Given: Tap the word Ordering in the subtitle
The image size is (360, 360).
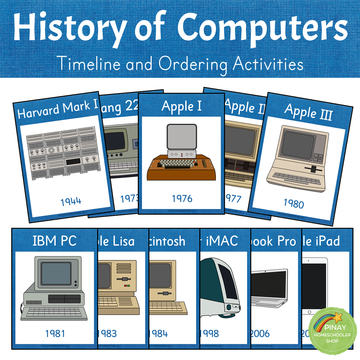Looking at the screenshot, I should pos(193,64).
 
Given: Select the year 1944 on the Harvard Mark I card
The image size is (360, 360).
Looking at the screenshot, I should pos(71,201).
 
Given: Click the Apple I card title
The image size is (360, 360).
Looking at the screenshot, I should pos(182,106).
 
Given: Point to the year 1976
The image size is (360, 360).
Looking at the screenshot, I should pos(182,198).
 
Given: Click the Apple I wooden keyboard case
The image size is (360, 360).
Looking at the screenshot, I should pos(181,169).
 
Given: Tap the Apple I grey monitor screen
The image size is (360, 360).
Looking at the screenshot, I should pos(182,137).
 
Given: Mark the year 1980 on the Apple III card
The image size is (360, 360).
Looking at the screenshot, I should pos(294,204).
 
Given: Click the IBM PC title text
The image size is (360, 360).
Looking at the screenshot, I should pos(55,241).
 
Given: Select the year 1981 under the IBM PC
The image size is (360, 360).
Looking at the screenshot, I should pos(55,333).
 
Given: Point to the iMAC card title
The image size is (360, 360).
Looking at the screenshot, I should pos(222,241).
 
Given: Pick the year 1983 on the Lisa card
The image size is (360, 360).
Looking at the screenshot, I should pos(107,333).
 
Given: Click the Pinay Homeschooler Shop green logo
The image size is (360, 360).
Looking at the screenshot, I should pos(332,331).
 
